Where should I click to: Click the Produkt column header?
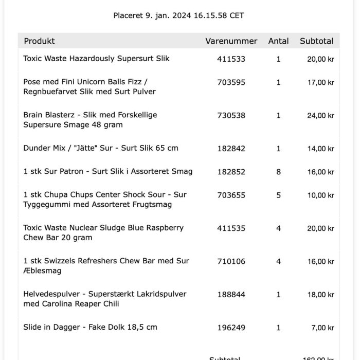point(39,41)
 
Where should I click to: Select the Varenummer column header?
point(231,41)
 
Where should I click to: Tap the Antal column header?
point(278,41)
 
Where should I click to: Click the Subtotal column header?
point(316,41)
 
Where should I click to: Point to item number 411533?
point(231,59)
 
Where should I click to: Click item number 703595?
point(231,82)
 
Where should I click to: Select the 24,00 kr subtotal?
point(320,116)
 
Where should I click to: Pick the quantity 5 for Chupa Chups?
point(278,195)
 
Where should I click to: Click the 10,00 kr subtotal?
point(320,195)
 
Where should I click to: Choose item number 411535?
point(231,228)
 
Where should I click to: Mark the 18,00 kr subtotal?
point(320,295)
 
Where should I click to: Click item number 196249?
point(231,328)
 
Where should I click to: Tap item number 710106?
point(231,262)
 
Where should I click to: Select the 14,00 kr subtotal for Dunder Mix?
point(320,149)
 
